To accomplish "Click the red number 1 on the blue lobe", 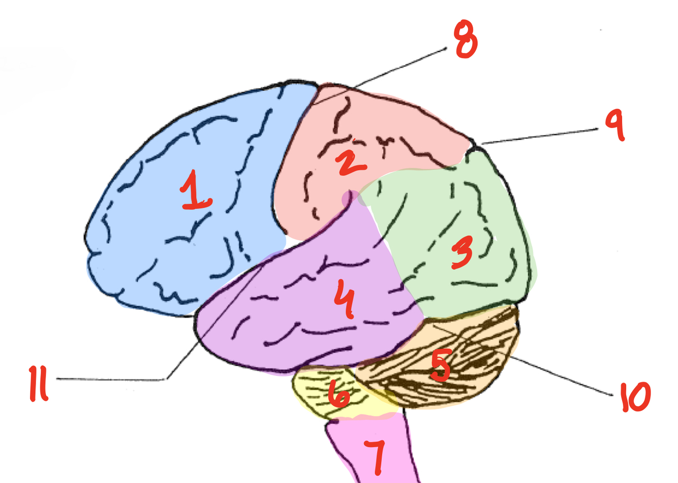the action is [x=195, y=190].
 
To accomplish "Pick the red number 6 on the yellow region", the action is [x=339, y=394].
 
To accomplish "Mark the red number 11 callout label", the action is [x=39, y=383].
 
